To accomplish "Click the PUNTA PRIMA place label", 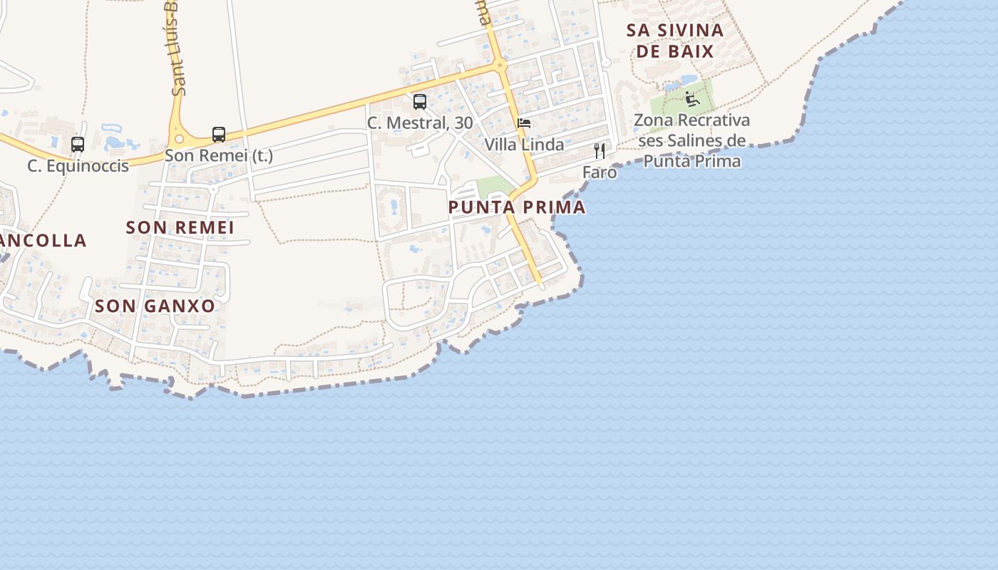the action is tap(517, 207).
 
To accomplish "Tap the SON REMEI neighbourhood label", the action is tap(180, 228).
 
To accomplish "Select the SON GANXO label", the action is tap(155, 306).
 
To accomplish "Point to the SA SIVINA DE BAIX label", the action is tap(674, 41).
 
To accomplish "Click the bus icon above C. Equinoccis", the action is tap(78, 145).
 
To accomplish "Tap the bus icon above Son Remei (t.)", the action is tap(219, 134).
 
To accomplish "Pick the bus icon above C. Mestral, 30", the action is tap(420, 102).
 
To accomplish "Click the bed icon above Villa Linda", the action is tap(524, 123).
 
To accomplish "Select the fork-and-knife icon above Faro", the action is tap(600, 151).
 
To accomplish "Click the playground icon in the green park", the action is tap(692, 98).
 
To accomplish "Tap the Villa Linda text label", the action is tap(524, 145).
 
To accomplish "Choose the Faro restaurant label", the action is tap(600, 172).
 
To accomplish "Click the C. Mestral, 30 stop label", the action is tap(420, 123).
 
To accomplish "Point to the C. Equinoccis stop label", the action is tap(78, 166).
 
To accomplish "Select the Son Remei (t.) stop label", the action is tap(219, 155).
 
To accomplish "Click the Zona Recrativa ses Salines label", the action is tap(692, 140).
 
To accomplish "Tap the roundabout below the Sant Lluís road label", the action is tap(178, 139).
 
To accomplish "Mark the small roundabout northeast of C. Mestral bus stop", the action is tap(500, 65).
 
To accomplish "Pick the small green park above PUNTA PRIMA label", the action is tap(494, 187).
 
